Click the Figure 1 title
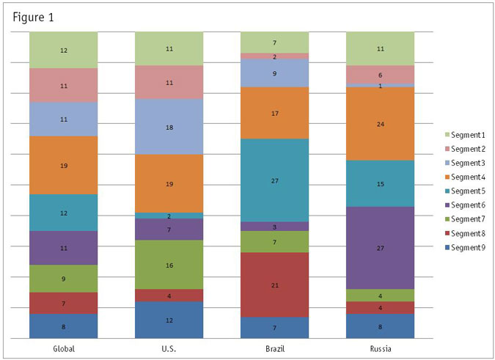[33, 16]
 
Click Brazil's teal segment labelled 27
[274, 180]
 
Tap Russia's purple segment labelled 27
[380, 248]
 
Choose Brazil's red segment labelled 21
[274, 284]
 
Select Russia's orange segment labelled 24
[380, 124]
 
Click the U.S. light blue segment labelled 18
[169, 127]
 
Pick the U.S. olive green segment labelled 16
[169, 265]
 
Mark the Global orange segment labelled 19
[64, 166]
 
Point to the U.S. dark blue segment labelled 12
[169, 320]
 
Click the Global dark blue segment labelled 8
[64, 326]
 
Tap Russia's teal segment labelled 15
[380, 183]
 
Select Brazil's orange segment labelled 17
[274, 113]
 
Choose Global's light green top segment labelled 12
[64, 50]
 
